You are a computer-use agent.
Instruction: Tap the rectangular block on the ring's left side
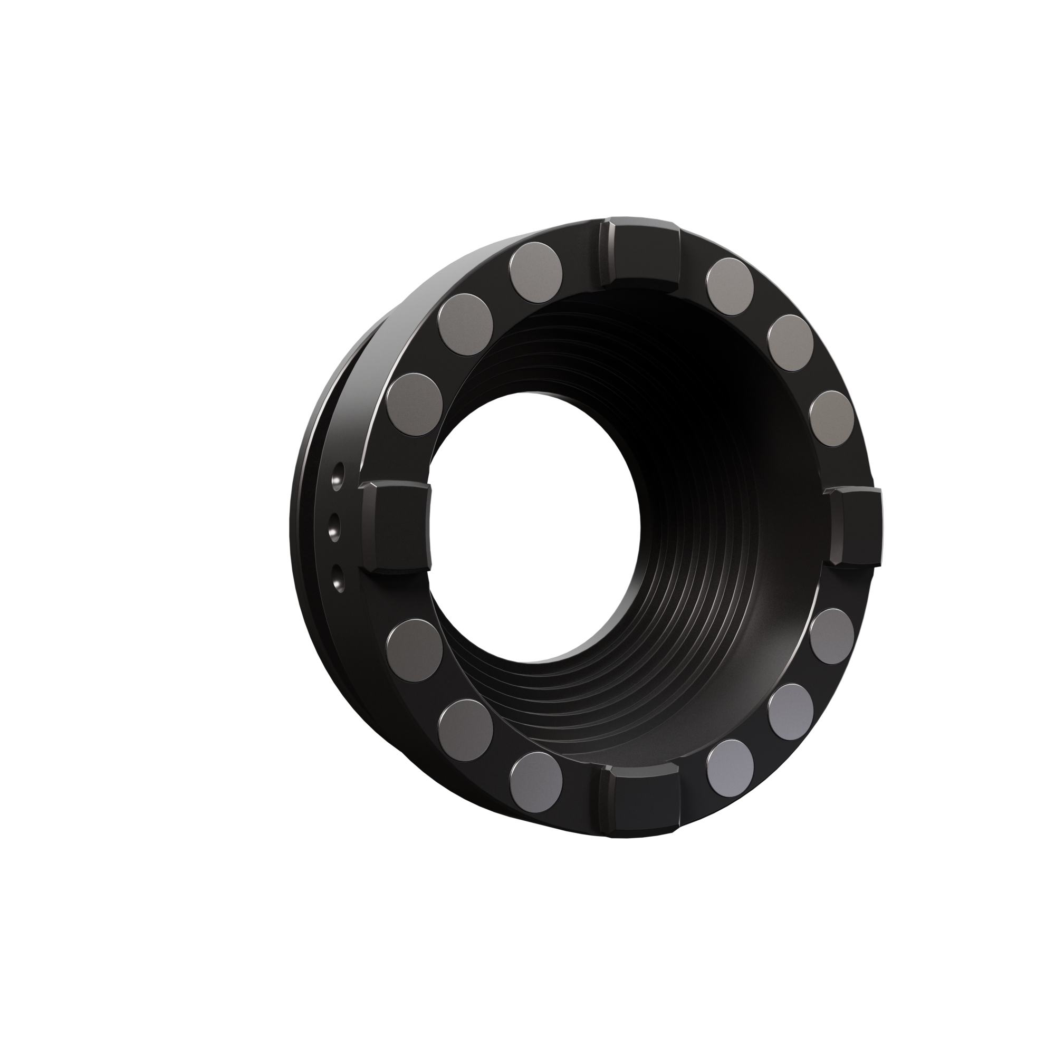[x=395, y=527]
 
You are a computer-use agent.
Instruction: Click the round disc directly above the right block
[x=831, y=418]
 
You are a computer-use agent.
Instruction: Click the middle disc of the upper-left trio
[x=466, y=325]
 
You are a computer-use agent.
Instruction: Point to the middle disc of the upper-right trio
[x=790, y=343]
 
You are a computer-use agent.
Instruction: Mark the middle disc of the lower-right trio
[x=790, y=711]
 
